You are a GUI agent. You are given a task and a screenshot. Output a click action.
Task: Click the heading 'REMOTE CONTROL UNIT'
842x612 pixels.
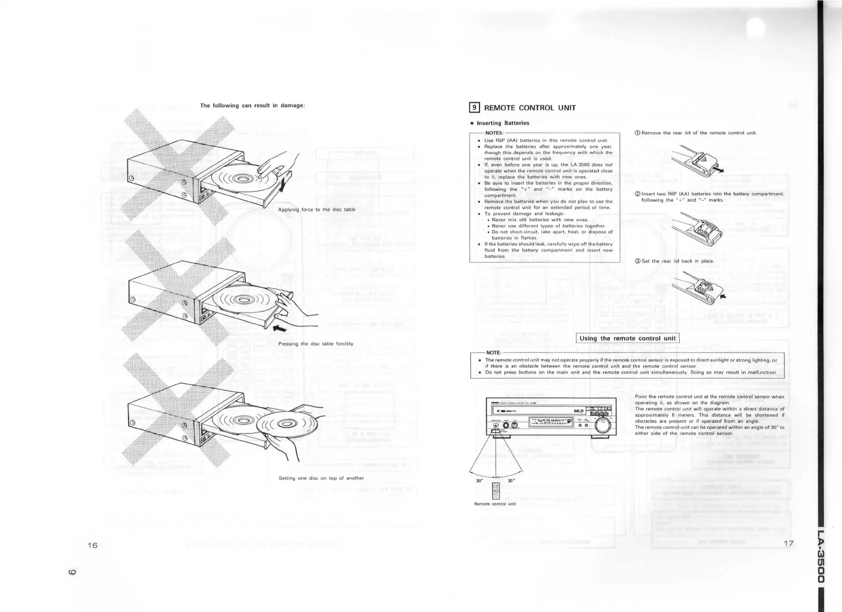click(530, 107)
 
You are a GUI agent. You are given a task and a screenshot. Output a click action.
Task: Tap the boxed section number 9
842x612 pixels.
click(474, 107)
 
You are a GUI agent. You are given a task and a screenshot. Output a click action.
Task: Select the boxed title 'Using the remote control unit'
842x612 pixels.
click(627, 338)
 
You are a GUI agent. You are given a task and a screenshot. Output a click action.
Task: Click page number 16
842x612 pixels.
click(91, 545)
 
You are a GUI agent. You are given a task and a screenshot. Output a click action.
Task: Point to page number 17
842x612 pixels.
click(788, 544)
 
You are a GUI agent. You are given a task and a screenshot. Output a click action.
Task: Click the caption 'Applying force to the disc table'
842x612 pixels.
click(316, 209)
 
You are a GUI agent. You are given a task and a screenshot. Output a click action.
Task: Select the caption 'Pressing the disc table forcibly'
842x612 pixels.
click(315, 344)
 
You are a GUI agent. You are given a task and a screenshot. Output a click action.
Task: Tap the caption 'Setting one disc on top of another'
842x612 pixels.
click(321, 478)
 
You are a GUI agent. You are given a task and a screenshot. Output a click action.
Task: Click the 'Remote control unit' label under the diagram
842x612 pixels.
click(494, 504)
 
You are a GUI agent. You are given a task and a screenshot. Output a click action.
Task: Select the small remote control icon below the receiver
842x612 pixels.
click(495, 491)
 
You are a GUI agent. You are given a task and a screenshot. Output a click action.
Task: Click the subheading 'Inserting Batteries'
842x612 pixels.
click(502, 123)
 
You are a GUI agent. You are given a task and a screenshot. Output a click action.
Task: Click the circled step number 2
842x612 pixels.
click(637, 194)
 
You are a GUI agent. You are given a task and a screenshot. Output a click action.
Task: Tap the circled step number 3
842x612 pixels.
click(637, 261)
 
